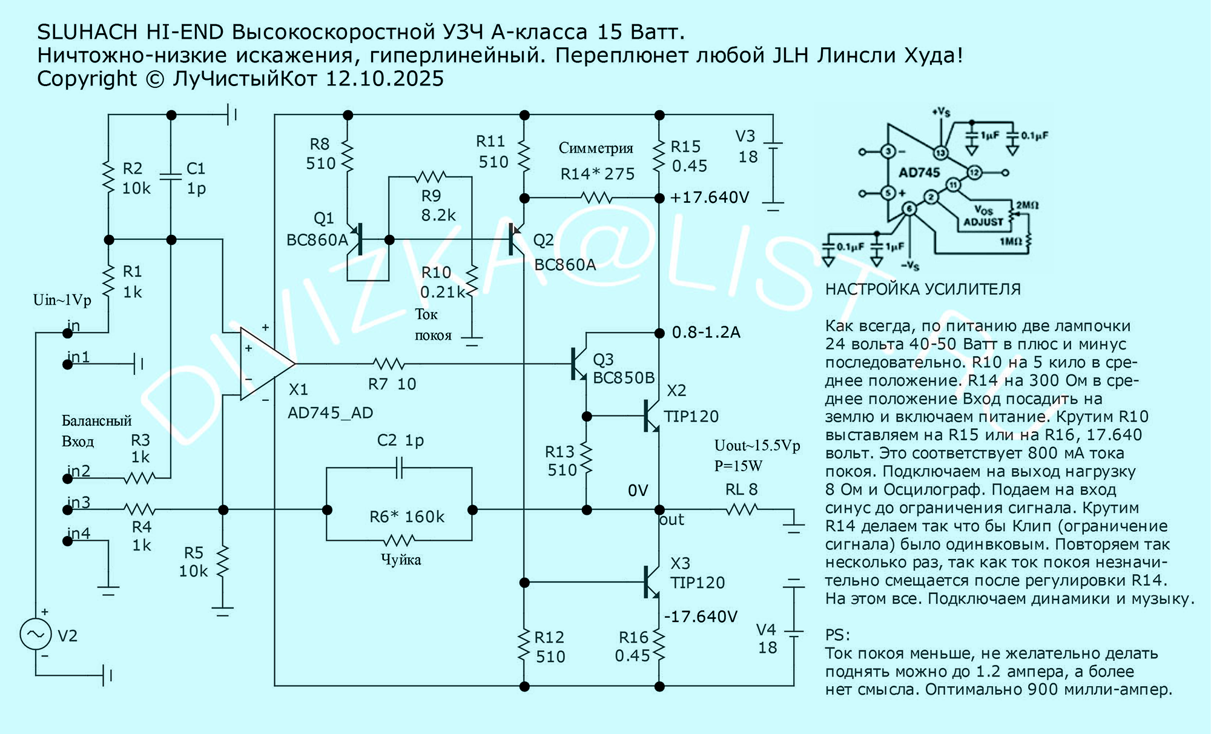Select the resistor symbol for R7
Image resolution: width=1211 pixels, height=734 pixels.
click(389, 364)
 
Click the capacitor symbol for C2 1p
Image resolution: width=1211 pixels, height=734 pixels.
click(399, 468)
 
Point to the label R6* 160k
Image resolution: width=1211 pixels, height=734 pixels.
click(407, 517)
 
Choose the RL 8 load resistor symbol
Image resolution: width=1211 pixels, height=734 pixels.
click(742, 510)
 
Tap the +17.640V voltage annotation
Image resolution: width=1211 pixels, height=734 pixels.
click(710, 197)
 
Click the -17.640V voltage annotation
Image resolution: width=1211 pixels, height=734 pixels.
click(701, 617)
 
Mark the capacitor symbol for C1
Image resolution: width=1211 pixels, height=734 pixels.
click(171, 176)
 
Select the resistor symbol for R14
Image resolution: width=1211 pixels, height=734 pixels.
click(596, 197)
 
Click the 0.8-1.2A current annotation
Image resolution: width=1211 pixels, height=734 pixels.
click(706, 332)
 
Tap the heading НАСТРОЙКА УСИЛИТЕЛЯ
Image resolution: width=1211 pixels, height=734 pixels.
click(923, 289)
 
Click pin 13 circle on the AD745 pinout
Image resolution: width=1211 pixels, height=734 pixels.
click(940, 153)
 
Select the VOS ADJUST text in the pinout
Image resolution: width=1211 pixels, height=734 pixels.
click(983, 216)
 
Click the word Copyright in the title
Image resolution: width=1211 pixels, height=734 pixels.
click(87, 79)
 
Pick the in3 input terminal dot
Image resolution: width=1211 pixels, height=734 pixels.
click(68, 510)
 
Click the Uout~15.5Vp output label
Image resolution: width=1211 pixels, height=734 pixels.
click(757, 446)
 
